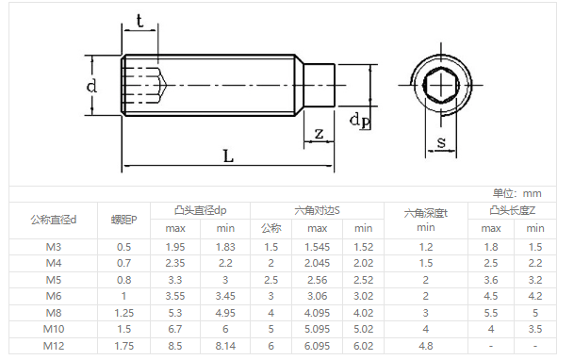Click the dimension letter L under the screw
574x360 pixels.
pyautogui.click(x=228, y=156)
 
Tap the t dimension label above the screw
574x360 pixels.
pyautogui.click(x=139, y=21)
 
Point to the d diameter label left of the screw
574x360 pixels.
pyautogui.click(x=91, y=86)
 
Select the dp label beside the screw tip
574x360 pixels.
pyautogui.click(x=360, y=121)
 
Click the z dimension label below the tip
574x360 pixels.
pyautogui.click(x=319, y=134)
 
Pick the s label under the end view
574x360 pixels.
pyautogui.click(x=441, y=142)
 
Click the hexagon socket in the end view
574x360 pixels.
pyautogui.click(x=441, y=86)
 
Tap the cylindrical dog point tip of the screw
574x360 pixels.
pyautogui.click(x=319, y=86)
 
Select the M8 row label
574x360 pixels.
pyautogui.click(x=54, y=313)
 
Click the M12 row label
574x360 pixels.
pyautogui.click(x=54, y=346)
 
